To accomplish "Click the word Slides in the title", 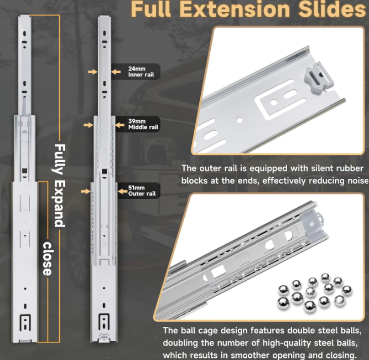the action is pos(332,9).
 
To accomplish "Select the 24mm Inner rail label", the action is pos(141,71).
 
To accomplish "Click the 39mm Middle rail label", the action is pos(143,124).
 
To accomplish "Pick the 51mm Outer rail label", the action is pos(142,191).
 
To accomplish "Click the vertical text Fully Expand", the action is pos(60,186).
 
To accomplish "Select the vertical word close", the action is pos(47,259).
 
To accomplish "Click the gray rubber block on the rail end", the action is pos(319,78).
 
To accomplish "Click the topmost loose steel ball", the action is pos(325,277).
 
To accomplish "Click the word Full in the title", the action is pos(151,9).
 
